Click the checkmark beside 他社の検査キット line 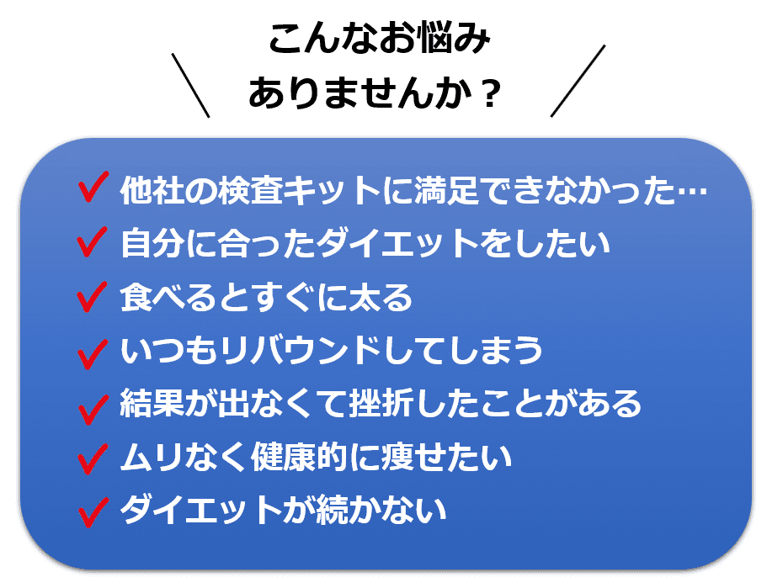coord(90,190)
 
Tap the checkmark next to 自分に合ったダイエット coord(90,243)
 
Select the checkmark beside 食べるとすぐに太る coord(90,297)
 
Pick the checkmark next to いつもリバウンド coord(90,351)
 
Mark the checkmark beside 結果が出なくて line coord(90,405)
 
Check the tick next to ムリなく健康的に coord(90,458)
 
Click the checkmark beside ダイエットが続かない coord(90,511)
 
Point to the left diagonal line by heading coord(190,84)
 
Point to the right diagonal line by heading coord(578,81)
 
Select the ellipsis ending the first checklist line coord(693,193)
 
